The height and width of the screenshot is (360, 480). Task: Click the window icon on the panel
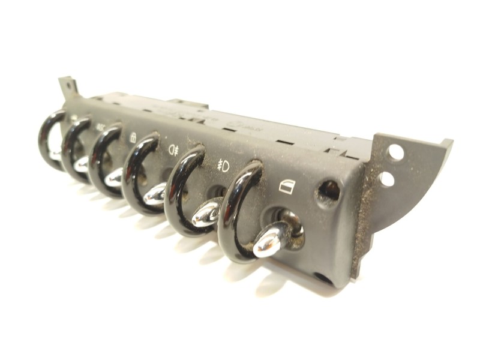tap(287, 187)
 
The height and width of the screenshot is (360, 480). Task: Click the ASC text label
tap(100, 127)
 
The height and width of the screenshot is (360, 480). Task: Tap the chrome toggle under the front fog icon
tap(207, 213)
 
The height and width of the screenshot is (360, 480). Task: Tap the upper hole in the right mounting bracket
tap(396, 152)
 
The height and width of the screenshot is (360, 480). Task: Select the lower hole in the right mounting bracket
tap(387, 178)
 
